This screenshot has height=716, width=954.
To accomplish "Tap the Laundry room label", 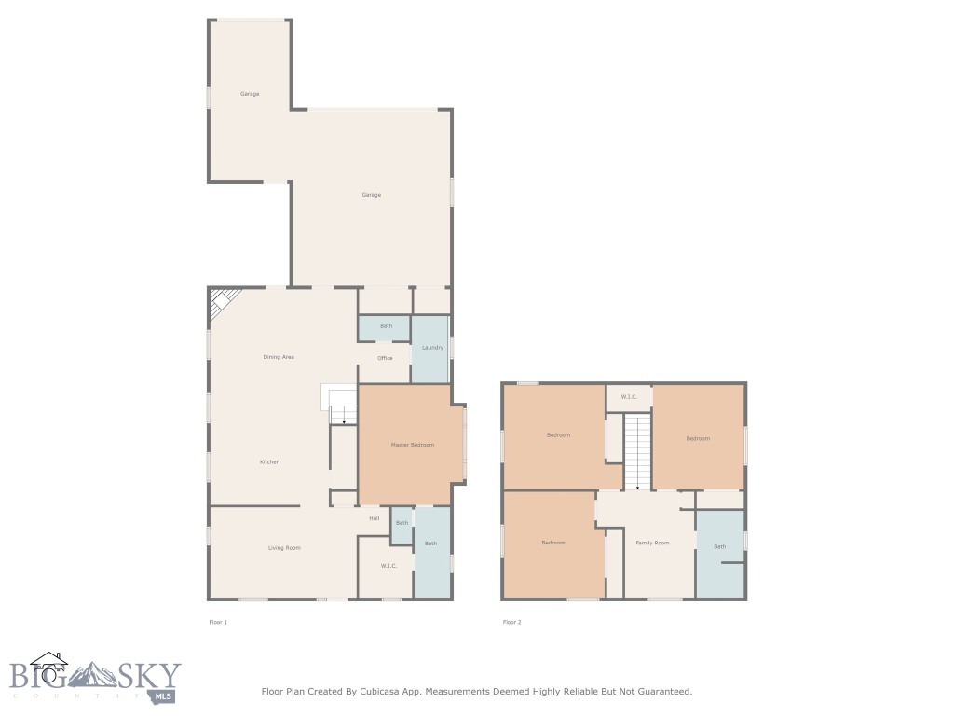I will click(x=432, y=348).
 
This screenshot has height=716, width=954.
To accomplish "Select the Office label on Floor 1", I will click(x=385, y=358).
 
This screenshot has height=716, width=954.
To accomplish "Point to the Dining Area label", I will click(x=279, y=357).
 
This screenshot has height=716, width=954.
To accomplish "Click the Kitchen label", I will click(x=269, y=462).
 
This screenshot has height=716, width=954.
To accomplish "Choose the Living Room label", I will click(x=284, y=548).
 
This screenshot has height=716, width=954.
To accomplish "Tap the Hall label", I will click(x=374, y=518).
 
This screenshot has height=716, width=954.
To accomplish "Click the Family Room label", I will click(x=652, y=543).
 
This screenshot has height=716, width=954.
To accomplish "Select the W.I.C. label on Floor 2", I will click(x=629, y=397).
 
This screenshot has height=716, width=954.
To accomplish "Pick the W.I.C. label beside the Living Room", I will click(x=389, y=566).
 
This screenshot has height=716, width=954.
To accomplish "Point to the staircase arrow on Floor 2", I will click(x=637, y=486).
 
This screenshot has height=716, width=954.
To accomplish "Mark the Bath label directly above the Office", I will click(x=386, y=326).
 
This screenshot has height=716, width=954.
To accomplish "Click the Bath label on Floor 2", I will click(x=719, y=546).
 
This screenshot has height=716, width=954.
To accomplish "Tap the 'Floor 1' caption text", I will click(x=218, y=622).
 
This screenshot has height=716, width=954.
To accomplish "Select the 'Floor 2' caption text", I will click(x=511, y=622).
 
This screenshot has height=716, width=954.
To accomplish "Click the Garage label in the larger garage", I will click(x=372, y=195).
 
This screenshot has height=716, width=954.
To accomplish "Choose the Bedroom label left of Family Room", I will click(x=553, y=543).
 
